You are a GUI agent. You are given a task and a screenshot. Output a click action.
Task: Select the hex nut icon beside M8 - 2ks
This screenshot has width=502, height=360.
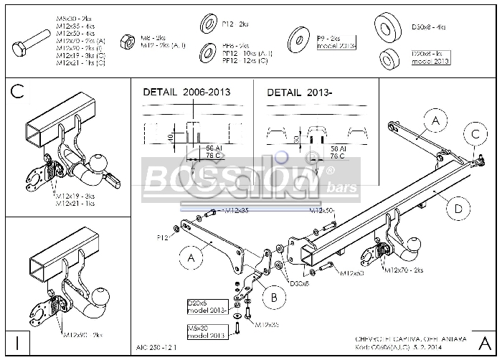point(126,41)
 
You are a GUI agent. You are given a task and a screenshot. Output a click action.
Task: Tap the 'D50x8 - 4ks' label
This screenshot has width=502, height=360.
point(427,27)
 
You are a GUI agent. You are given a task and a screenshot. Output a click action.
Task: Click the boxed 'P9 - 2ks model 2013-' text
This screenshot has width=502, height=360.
point(336,42)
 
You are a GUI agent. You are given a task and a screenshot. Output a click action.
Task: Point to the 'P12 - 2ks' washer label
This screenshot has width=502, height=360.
point(234,24)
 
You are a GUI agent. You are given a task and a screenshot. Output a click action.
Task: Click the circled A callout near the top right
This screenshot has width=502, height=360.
point(435,121)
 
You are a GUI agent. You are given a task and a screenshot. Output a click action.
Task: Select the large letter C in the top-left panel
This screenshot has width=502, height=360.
point(19,91)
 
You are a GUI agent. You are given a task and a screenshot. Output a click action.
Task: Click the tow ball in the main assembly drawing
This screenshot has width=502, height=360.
point(415,244)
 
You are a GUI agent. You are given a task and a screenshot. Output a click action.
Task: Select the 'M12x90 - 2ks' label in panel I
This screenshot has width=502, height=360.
point(82,334)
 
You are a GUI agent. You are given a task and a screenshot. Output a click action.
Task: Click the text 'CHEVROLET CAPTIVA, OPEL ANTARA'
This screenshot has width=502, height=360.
point(415,339)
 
